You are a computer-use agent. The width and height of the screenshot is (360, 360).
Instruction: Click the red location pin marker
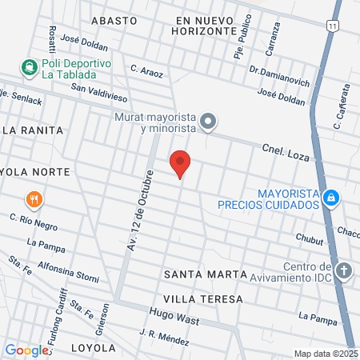180,163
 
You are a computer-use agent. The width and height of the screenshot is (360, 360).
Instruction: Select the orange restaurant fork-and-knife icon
32,199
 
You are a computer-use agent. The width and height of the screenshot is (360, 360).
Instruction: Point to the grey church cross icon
344,270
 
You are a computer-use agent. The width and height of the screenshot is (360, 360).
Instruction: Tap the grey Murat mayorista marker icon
208,122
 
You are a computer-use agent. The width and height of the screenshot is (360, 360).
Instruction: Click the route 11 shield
331,26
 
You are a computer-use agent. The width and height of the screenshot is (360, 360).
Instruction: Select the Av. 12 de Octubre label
137,210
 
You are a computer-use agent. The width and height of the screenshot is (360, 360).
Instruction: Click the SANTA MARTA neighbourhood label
205,274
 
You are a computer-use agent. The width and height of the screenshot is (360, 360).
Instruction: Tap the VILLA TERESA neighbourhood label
202,298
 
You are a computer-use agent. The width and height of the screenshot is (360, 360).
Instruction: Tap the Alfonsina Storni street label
70,272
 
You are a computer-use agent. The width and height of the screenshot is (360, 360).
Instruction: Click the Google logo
26,350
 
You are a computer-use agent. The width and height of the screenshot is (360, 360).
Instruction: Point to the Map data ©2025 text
324,354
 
